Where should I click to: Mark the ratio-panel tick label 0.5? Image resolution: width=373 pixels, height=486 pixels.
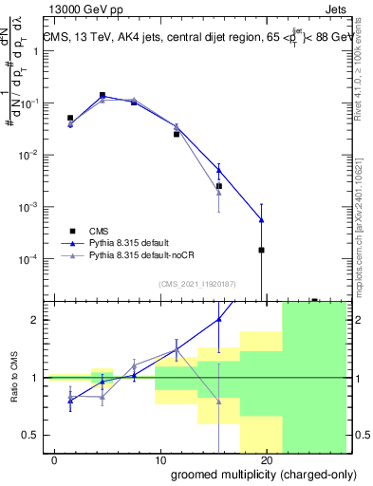click(32, 435)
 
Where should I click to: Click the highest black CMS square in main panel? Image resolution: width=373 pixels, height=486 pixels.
click(103, 95)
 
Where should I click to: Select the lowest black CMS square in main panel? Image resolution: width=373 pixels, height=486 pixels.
click(261, 251)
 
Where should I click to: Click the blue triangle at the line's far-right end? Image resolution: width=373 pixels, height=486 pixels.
click(261, 220)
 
